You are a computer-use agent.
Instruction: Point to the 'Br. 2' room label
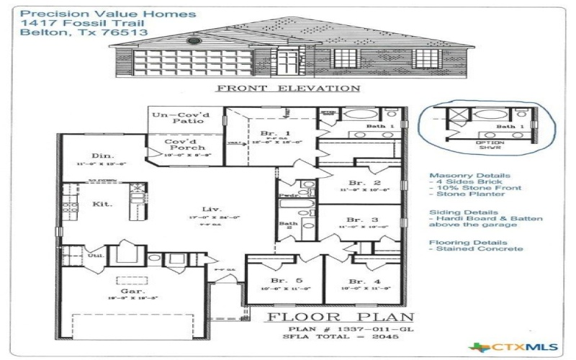tap(359, 183)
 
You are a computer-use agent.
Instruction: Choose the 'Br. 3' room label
tap(359, 220)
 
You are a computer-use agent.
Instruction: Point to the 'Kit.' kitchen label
tap(102, 204)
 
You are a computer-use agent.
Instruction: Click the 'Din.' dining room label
tap(100, 156)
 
